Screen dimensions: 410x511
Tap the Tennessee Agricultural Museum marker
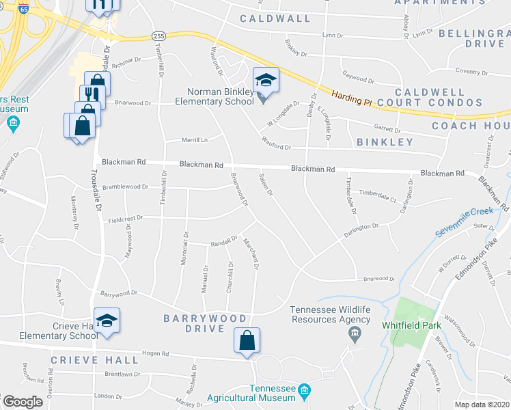305,392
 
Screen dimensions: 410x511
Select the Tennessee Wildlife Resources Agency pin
354,334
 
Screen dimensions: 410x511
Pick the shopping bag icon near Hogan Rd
247,341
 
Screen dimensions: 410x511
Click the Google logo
23,402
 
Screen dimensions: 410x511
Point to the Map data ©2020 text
481,405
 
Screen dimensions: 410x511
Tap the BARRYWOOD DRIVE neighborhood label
205,323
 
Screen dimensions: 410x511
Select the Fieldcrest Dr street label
124,219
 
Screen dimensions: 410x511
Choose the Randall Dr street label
223,242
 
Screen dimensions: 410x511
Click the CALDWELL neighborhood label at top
275,18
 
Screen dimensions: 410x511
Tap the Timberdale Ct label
378,194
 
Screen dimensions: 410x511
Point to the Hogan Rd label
155,353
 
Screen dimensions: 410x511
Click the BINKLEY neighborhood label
385,142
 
